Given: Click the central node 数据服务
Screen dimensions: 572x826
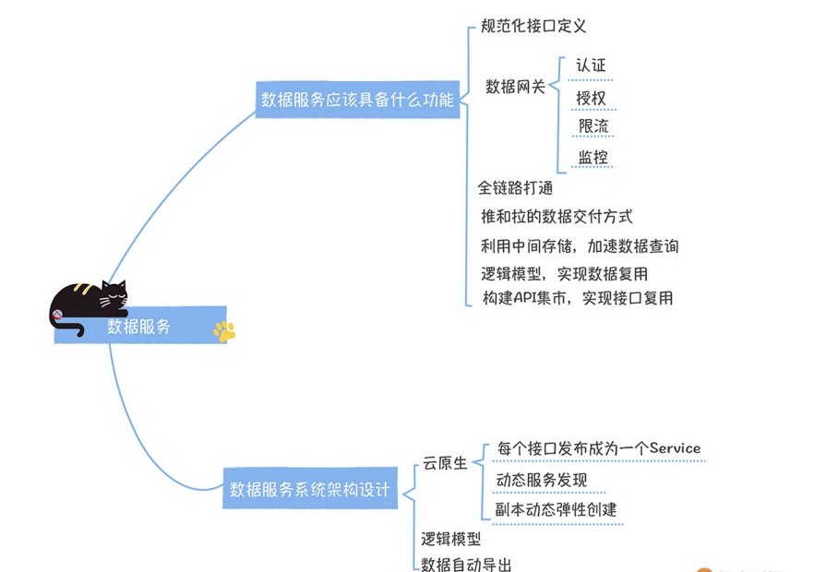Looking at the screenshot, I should [139, 327].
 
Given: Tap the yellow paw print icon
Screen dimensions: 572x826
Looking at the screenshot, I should [223, 330].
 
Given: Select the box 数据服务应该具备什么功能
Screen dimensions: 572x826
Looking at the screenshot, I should [358, 100].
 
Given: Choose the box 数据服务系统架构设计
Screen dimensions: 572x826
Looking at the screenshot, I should [310, 490].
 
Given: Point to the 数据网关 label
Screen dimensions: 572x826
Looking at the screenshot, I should [516, 87].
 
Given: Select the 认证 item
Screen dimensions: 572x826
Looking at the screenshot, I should [591, 66].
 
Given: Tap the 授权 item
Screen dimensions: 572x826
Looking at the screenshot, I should [591, 97].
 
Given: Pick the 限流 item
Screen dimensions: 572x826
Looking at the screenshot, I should [593, 126].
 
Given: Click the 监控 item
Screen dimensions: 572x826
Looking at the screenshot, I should [593, 157].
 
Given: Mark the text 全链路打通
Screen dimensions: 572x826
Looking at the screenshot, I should [515, 187].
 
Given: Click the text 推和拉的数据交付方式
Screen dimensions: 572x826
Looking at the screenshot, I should [557, 217].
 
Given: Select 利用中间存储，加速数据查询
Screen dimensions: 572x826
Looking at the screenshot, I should [580, 245].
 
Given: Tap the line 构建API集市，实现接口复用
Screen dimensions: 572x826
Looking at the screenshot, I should [577, 298].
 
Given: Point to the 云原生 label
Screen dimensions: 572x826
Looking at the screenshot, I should [445, 463].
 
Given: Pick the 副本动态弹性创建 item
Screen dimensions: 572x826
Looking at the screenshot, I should [557, 510].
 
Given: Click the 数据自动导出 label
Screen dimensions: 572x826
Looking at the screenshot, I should [466, 564].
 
